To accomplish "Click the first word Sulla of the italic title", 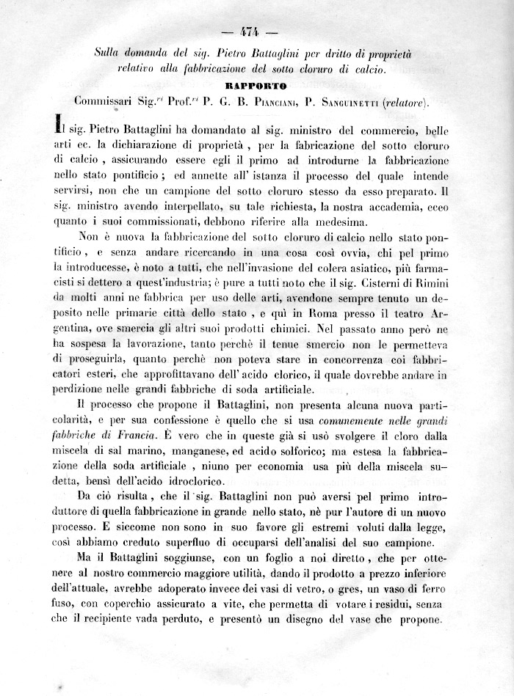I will click(x=110, y=54).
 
